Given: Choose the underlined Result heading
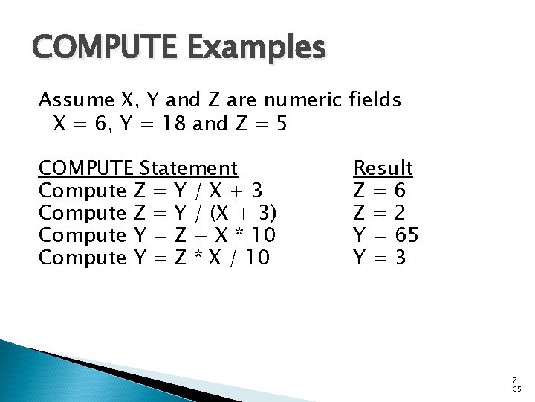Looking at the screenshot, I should (383, 167).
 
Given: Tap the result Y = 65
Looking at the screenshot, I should (386, 235).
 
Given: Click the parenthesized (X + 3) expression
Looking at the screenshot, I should (244, 213).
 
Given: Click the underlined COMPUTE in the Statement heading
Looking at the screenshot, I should (85, 167).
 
